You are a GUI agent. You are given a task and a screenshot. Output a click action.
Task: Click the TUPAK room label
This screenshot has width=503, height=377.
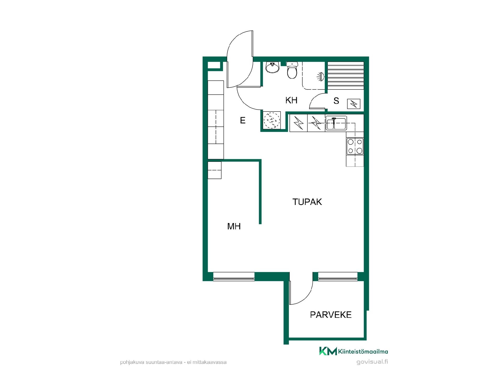[307, 202]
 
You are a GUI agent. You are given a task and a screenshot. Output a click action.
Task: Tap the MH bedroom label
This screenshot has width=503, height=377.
[234, 226]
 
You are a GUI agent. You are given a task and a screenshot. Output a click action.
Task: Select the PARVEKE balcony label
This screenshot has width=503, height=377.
[331, 315]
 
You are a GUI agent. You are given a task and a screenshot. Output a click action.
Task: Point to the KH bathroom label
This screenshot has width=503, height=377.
[291, 100]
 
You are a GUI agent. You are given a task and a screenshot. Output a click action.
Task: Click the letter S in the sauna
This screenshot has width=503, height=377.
[336, 101]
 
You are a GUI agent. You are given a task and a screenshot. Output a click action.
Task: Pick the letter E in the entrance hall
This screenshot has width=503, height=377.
[243, 120]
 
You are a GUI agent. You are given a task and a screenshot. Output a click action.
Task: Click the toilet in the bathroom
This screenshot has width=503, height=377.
[292, 70]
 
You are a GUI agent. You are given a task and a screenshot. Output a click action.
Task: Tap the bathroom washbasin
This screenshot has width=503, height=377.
[272, 68]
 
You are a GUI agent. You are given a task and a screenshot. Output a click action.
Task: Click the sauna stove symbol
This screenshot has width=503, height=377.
[354, 104]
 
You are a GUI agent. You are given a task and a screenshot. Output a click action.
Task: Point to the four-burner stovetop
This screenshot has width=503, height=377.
[355, 146]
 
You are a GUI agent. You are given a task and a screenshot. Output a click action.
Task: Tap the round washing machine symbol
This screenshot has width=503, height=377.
[272, 121]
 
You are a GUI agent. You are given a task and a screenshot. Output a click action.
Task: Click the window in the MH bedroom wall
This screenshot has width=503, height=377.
[234, 276]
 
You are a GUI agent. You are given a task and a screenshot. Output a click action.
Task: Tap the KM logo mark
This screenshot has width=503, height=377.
[328, 351]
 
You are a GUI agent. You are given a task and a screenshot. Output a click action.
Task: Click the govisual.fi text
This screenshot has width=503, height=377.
[372, 362]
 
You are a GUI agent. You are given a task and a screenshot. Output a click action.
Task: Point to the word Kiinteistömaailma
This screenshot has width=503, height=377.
[363, 352]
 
